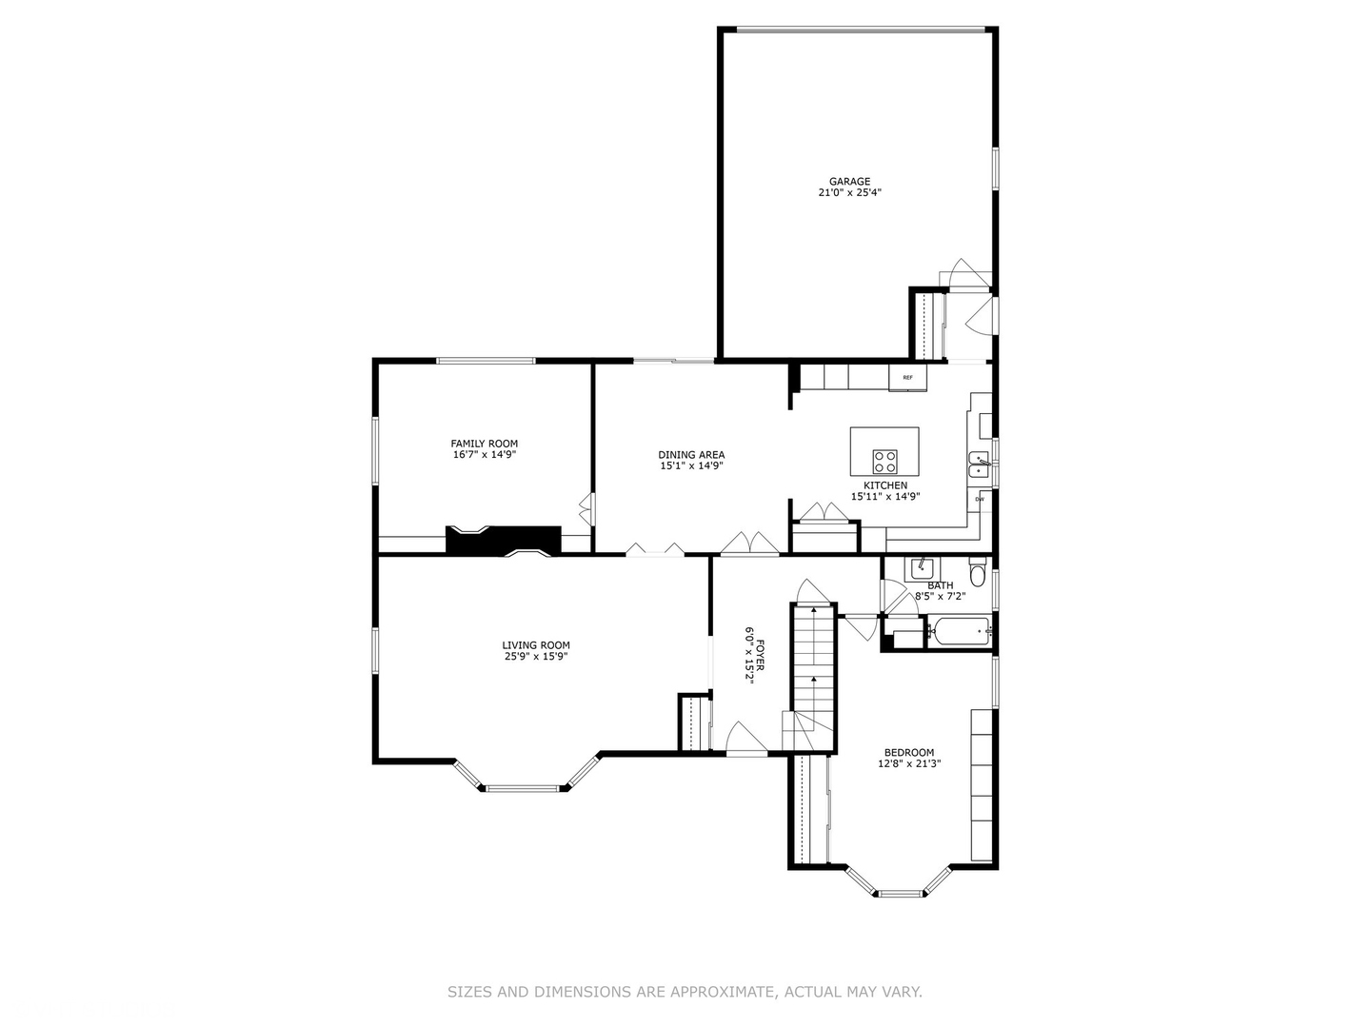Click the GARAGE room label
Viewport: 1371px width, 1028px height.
click(849, 182)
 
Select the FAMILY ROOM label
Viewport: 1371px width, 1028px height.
click(485, 444)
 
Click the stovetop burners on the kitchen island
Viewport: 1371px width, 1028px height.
click(884, 462)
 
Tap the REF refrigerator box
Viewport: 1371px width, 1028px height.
click(907, 378)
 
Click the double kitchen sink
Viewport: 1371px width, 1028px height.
click(979, 465)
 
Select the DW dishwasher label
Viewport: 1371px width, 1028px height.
click(979, 499)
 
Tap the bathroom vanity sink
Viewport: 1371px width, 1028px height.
click(921, 568)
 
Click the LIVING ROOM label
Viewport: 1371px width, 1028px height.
click(537, 645)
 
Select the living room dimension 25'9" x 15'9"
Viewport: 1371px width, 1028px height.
click(537, 657)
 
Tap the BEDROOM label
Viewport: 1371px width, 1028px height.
click(909, 752)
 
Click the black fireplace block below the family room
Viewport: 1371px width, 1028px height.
click(503, 540)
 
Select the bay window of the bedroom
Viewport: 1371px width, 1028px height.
click(900, 893)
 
